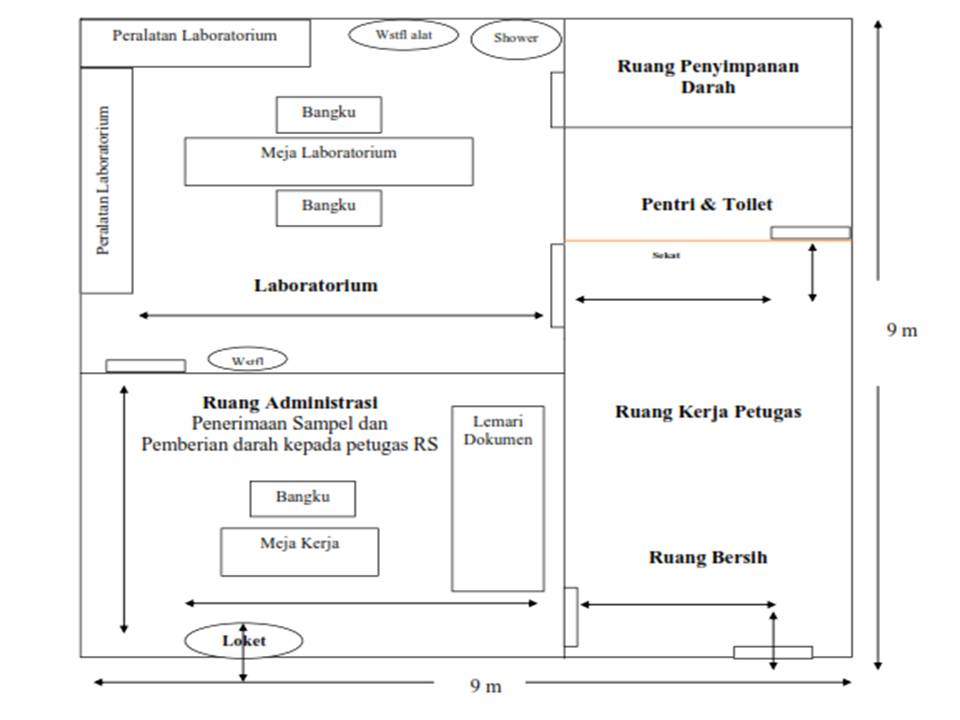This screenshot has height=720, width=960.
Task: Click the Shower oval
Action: (516, 39)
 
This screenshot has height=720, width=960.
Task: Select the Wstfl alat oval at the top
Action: (403, 35)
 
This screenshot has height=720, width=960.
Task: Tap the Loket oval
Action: (243, 641)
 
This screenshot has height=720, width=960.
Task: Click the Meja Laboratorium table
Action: (328, 161)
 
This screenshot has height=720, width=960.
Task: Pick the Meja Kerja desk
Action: (299, 551)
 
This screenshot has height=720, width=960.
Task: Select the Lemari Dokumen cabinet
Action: (498, 498)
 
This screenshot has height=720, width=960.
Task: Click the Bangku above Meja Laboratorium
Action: (328, 114)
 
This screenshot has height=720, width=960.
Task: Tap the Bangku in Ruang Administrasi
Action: (302, 498)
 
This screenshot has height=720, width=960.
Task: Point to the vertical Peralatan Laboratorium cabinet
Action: (106, 181)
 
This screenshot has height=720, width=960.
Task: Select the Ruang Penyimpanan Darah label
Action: (708, 77)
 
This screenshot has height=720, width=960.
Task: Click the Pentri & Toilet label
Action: (707, 204)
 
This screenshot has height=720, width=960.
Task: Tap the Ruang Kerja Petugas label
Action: (708, 411)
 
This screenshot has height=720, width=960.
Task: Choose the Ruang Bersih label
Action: (708, 557)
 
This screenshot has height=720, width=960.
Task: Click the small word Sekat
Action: (666, 256)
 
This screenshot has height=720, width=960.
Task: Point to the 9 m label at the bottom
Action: (486, 685)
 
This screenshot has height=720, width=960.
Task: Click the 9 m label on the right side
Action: (901, 330)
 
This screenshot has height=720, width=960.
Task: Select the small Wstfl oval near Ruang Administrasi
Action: (247, 359)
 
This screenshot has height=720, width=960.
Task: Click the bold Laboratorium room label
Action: (316, 285)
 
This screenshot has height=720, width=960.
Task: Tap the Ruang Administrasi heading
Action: (290, 403)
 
